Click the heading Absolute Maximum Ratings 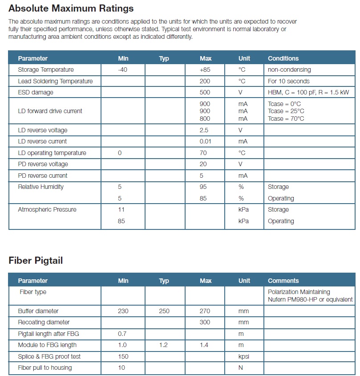pyautogui.click(x=71, y=8)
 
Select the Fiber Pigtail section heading pyautogui.click(x=36, y=261)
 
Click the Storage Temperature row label pyautogui.click(x=46, y=70)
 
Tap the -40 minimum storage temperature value pyautogui.click(x=123, y=70)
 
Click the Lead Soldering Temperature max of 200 pyautogui.click(x=205, y=81)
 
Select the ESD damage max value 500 pyautogui.click(x=205, y=93)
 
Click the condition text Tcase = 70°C pyautogui.click(x=286, y=119)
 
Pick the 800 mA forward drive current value pyautogui.click(x=205, y=119)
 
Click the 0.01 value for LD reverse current pyautogui.click(x=205, y=142)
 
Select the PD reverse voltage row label pyautogui.click(x=43, y=164)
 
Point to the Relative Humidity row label pyautogui.click(x=40, y=187)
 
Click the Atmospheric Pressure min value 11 pyautogui.click(x=121, y=210)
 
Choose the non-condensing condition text pyautogui.click(x=289, y=70)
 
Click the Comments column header pyautogui.click(x=283, y=281)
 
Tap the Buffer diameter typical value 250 pyautogui.click(x=164, y=311)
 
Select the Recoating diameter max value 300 pyautogui.click(x=205, y=322)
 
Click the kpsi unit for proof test pyautogui.click(x=244, y=356)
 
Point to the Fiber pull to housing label pyautogui.click(x=45, y=368)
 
